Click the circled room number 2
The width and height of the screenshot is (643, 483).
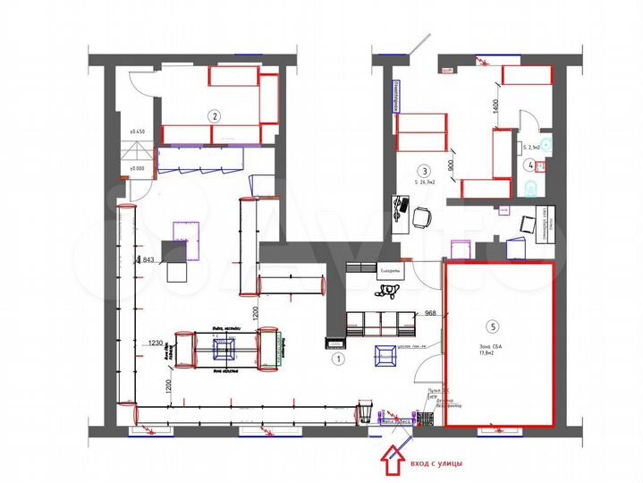[214, 115]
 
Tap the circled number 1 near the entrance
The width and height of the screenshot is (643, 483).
[338, 360]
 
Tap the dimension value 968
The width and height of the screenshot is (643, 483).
[429, 313]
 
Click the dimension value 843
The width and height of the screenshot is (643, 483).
[148, 260]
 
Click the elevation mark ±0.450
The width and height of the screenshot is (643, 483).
[137, 132]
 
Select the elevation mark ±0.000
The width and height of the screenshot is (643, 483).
[137, 167]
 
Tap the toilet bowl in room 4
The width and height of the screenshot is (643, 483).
[532, 187]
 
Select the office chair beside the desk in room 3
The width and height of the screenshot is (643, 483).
[421, 216]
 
